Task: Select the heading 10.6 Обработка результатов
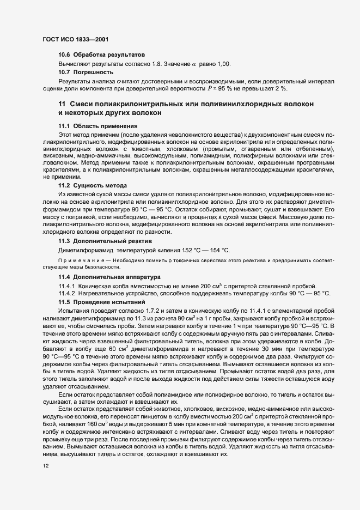click(x=101, y=55)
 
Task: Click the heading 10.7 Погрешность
click(x=86, y=72)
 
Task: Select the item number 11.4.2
click(x=67, y=293)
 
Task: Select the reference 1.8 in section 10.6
click(x=157, y=64)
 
